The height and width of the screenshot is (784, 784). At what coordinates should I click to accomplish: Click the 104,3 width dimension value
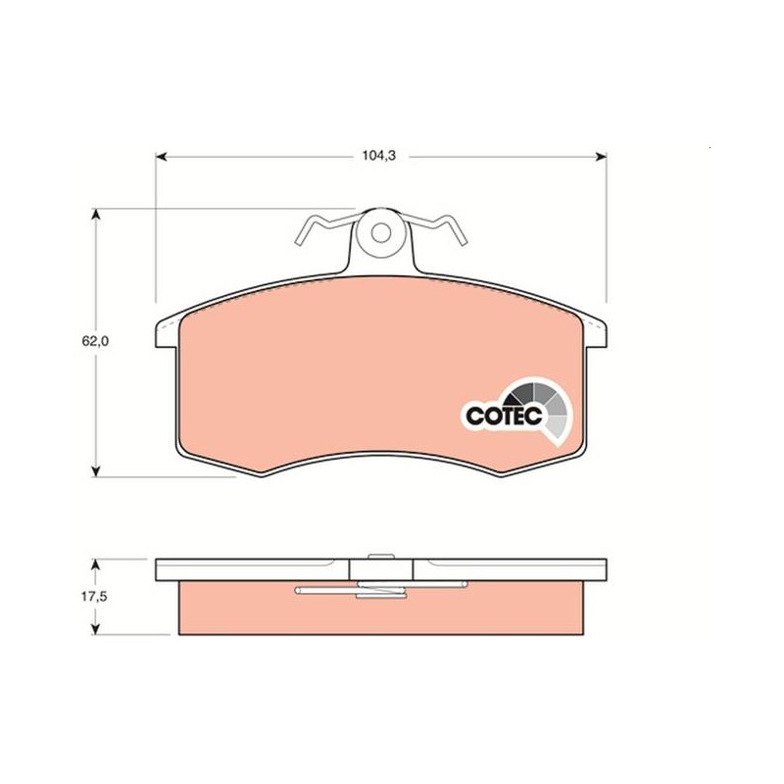(x=379, y=156)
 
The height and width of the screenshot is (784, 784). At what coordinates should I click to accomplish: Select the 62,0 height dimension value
(x=95, y=341)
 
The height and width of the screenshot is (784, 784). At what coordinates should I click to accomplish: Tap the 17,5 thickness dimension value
(x=94, y=597)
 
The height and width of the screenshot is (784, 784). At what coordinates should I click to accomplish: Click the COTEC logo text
(x=504, y=416)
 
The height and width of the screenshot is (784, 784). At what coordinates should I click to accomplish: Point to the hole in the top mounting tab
(x=381, y=232)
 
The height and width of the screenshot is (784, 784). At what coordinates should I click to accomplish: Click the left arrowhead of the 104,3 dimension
(x=161, y=157)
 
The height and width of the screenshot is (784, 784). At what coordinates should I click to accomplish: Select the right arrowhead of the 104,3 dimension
(x=602, y=157)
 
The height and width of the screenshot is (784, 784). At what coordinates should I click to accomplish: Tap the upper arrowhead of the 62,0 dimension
(x=96, y=215)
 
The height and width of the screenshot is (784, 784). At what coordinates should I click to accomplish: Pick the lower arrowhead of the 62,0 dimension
(x=96, y=471)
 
